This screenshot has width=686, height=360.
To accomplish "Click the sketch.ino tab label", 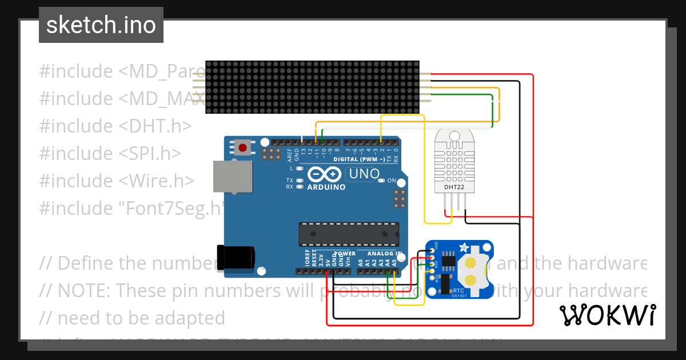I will [101, 25].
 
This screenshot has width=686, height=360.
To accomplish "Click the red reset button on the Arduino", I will [243, 148].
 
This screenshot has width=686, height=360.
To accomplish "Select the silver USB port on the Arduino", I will [232, 175].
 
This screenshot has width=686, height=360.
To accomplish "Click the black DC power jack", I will [236, 257].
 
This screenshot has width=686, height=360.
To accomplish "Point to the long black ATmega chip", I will [348, 234].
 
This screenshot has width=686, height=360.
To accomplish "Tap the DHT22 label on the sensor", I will [454, 186].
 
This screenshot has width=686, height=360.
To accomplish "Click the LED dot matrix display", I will [313, 87].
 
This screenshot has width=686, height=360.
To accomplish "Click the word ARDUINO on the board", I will [326, 187].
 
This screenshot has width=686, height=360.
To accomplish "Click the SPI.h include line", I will [110, 153].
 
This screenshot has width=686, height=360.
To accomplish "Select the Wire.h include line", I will [117, 181].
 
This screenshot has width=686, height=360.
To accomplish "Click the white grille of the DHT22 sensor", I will [454, 161].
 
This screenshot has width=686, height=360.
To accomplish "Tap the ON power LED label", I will [392, 181].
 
